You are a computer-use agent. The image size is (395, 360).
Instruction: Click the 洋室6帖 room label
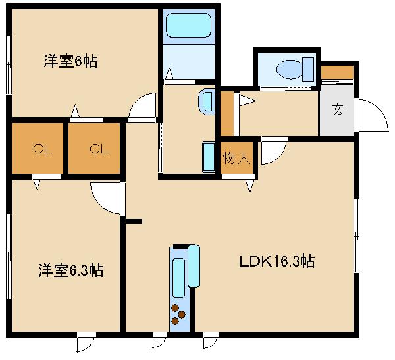tap(70, 61)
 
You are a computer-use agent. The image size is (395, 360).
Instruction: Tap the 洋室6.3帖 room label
tap(71, 270)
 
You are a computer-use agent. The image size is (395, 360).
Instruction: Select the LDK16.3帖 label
tap(277, 261)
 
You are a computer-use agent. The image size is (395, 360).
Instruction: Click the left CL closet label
tap(42, 149)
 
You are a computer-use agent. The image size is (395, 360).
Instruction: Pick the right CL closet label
tap(99, 149)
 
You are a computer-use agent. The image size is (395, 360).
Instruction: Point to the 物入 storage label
tap(236, 158)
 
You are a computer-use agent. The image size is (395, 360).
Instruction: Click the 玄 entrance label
tap(337, 110)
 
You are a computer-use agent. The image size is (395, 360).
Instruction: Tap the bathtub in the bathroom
tap(189, 25)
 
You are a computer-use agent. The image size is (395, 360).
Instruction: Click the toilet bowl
tap(290, 69)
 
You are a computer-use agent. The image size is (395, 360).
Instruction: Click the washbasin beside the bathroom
tap(206, 102)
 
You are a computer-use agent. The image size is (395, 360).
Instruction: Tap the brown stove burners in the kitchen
tap(178, 315)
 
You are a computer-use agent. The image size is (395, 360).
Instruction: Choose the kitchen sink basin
tap(178, 278)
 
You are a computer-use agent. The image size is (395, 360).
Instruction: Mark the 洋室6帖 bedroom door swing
tap(142, 105)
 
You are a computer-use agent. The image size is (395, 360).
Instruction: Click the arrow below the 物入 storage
tap(250, 186)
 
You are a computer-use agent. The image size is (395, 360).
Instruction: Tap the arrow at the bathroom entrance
tap(169, 73)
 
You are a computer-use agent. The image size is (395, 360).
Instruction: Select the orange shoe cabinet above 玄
tap(337, 72)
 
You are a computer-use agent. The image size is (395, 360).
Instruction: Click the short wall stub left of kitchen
tap(134, 221)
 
